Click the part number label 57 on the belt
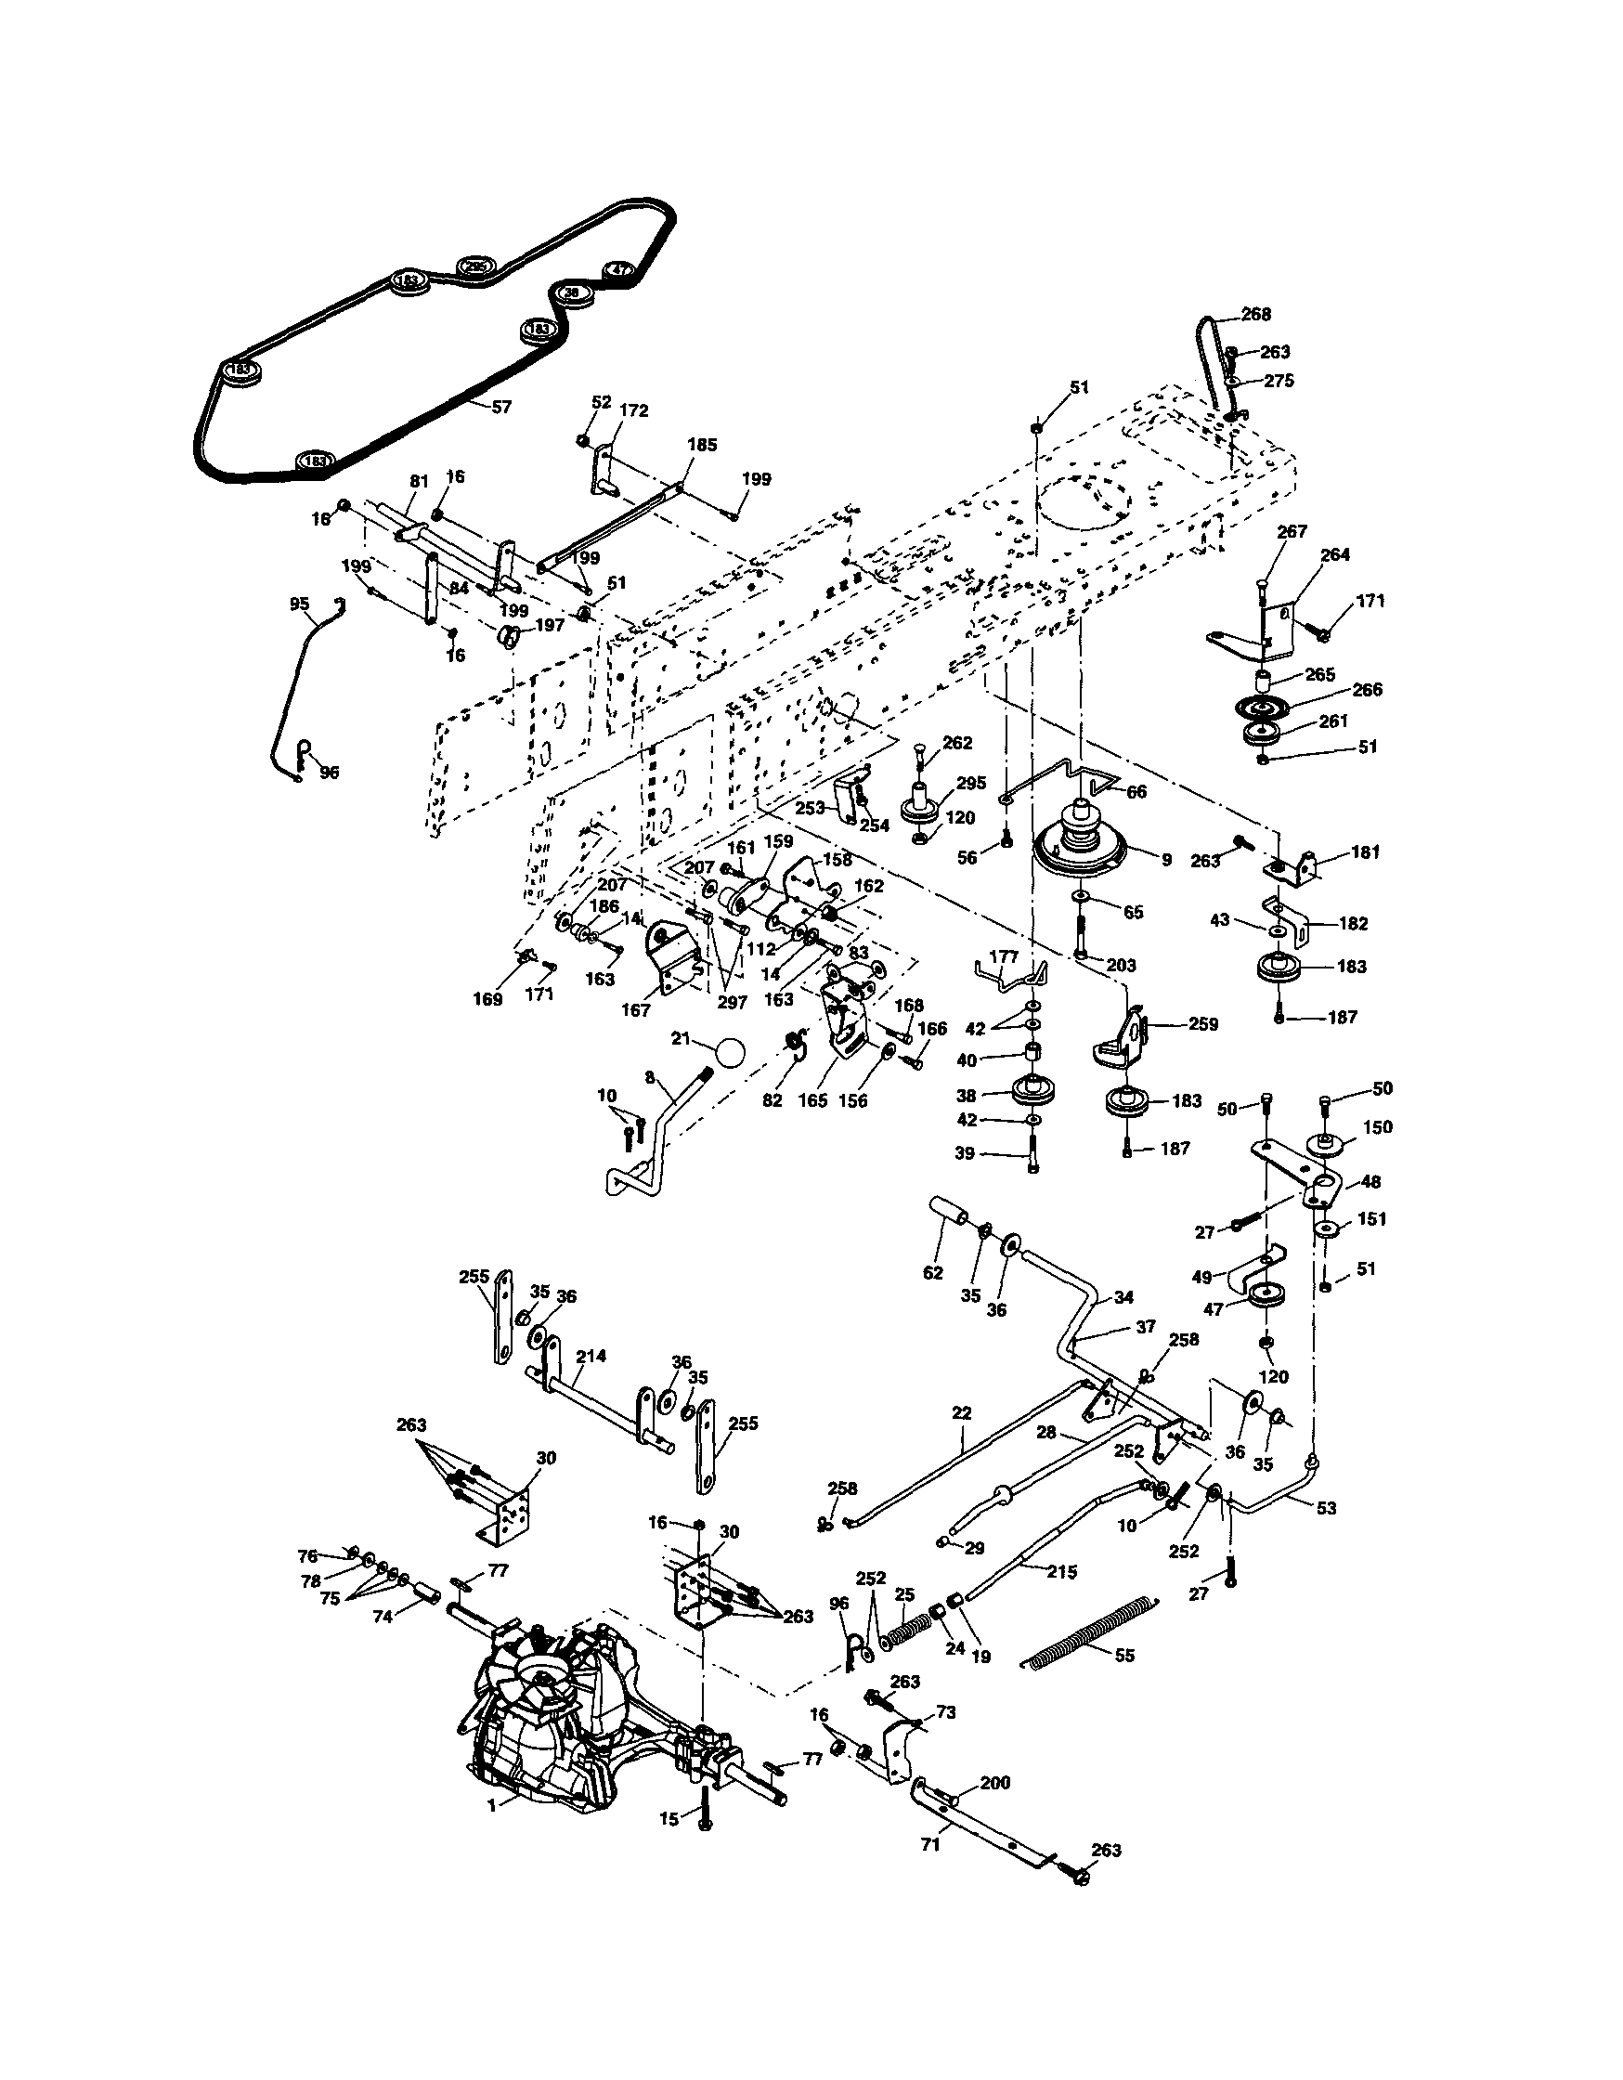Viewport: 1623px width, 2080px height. (501, 407)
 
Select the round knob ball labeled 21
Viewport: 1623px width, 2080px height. (731, 1052)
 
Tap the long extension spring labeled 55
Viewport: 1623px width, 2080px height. (1091, 1631)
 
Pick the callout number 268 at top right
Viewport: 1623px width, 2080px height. (1255, 314)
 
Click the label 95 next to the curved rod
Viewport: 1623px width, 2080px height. (299, 604)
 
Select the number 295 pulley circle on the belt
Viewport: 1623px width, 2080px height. (474, 267)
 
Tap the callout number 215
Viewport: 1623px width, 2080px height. (1061, 1572)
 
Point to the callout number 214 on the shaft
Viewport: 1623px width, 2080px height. (591, 1357)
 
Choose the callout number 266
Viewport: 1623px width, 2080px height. (1367, 690)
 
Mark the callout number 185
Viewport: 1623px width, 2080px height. (702, 445)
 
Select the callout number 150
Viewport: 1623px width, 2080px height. (1377, 1126)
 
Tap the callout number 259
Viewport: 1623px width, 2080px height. (1203, 1024)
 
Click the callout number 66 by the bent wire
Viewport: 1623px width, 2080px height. (1136, 791)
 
